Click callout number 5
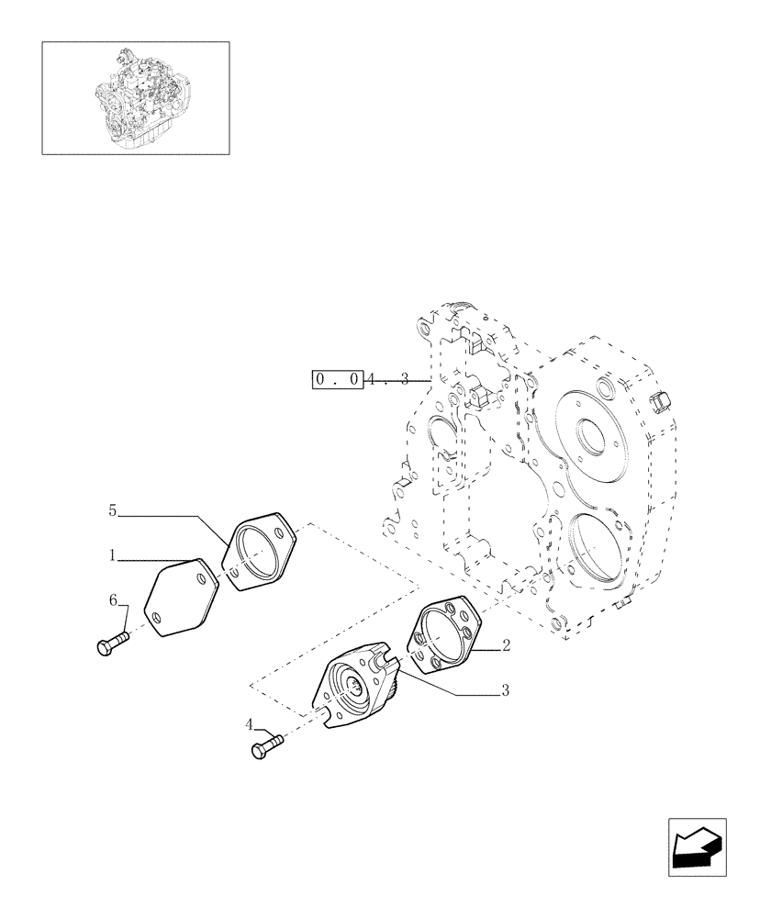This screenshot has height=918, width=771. click(x=112, y=510)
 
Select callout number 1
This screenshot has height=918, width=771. click(x=112, y=555)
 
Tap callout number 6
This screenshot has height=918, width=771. click(x=114, y=599)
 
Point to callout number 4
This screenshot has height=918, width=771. click(x=249, y=724)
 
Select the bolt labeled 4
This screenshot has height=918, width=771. click(x=263, y=747)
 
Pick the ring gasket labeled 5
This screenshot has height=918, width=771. click(x=259, y=553)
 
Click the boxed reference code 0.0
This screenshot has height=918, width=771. click(x=338, y=378)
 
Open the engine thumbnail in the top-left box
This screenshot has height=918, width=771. click(x=135, y=97)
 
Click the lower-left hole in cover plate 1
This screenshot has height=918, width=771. click(x=159, y=617)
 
